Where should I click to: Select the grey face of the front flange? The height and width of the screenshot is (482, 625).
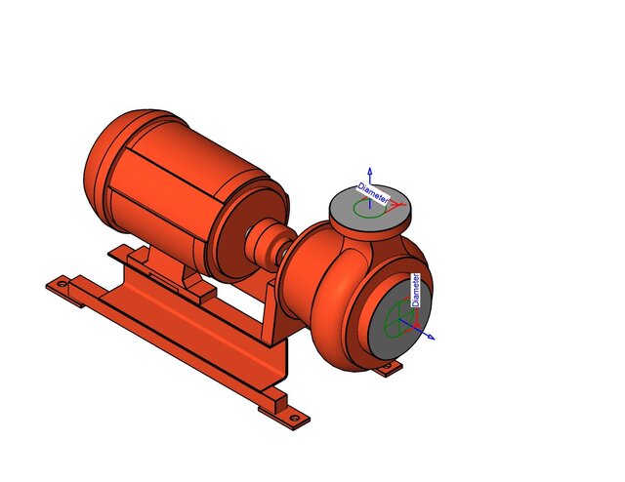(x=385, y=332)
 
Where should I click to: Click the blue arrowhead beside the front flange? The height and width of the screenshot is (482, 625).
(x=430, y=338)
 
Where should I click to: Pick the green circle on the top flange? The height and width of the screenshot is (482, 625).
(x=364, y=208)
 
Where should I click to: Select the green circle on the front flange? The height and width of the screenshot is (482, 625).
(x=399, y=317)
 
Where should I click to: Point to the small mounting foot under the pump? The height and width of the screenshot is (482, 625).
(x=391, y=368)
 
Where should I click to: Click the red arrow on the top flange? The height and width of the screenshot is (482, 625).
(x=397, y=204)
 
